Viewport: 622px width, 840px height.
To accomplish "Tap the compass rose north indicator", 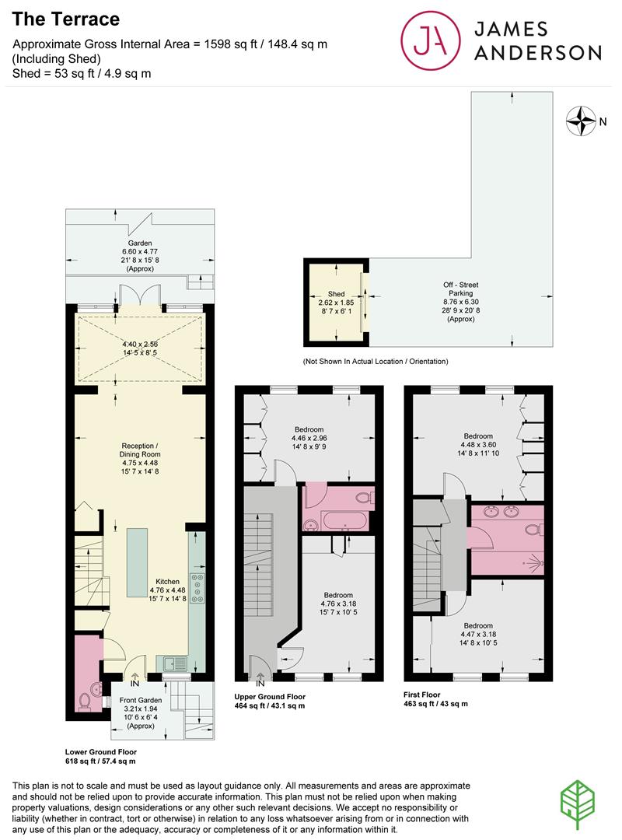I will pyautogui.click(x=580, y=120).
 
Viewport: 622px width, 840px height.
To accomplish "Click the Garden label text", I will pyautogui.click(x=140, y=243).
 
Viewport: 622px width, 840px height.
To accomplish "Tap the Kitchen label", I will pyautogui.click(x=167, y=581).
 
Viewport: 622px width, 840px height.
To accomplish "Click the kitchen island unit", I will pyautogui.click(x=137, y=561).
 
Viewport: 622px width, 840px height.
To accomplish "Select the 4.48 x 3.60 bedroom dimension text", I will pyautogui.click(x=478, y=446).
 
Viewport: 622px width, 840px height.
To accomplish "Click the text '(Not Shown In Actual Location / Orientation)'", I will pyautogui.click(x=376, y=362).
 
